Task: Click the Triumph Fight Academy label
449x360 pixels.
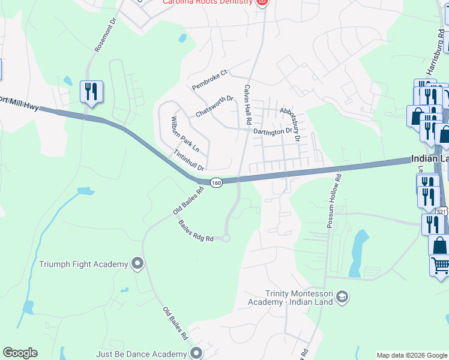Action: [x=83, y=264]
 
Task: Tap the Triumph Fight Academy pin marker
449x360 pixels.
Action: [x=138, y=264]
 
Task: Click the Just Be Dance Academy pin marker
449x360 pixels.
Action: [x=195, y=353]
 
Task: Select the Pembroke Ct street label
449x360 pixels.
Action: [x=210, y=80]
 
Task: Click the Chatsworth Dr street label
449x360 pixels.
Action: [x=214, y=107]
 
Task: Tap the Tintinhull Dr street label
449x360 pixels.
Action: [x=190, y=160]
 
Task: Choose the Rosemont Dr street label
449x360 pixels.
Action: [x=103, y=38]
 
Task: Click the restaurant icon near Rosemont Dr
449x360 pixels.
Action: [x=91, y=92]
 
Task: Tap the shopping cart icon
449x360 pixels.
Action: [x=440, y=265]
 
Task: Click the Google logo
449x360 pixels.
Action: [x=20, y=353]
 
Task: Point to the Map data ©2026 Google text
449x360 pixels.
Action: [x=412, y=355]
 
